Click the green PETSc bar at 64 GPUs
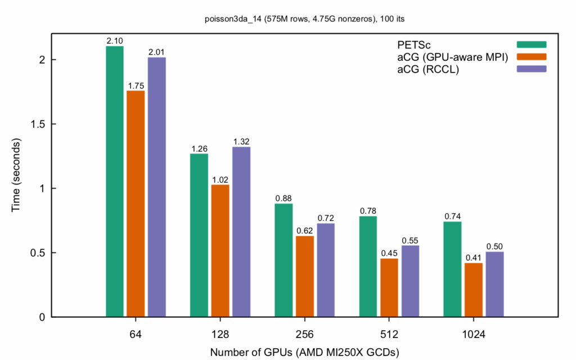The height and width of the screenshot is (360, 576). point(115,181)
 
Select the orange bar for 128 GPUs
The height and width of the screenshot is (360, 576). point(220,250)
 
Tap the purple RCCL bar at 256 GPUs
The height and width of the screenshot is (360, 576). point(326,270)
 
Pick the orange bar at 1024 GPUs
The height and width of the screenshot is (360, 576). point(474,290)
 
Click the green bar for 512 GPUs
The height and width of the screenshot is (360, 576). point(368,266)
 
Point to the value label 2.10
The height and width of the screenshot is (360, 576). point(115,40)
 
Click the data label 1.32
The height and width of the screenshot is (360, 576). point(241,141)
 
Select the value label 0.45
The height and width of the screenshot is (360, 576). point(389,253)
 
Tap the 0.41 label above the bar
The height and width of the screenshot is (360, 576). point(474,258)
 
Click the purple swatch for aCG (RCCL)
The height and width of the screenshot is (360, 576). point(532,69)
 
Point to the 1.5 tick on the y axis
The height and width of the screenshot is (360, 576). point(37,124)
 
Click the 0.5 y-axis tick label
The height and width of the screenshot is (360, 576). point(37,253)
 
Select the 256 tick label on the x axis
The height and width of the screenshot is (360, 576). point(304,334)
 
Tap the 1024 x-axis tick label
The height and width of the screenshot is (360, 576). point(473,334)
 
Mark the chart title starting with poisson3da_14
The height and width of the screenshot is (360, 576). point(304,19)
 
